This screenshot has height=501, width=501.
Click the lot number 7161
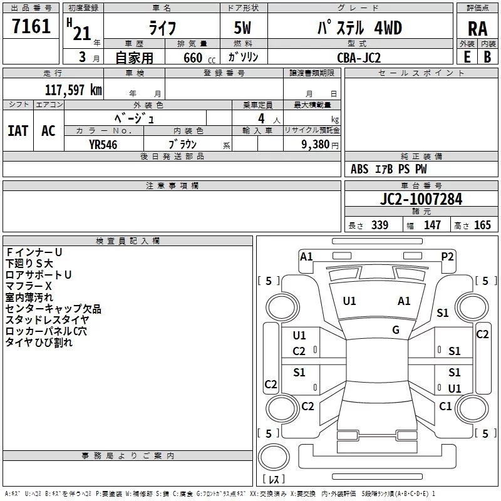pos(31,27)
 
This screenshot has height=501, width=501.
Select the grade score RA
pos(477,29)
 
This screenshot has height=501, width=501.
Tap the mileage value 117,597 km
pos(73,90)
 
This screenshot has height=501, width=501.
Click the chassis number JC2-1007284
pos(421,200)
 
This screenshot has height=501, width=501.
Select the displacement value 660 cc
pos(192,58)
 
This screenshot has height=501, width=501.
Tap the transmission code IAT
pos(18,131)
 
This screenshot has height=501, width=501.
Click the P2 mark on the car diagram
pos(447,256)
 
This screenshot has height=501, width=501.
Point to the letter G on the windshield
pos(396,329)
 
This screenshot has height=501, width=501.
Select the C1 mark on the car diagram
pos(445,406)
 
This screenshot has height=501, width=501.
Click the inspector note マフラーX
pos(29,286)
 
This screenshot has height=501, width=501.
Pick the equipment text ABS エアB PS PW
pos(389,169)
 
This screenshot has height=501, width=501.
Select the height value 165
pos(482,225)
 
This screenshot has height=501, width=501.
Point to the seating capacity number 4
pos(261,118)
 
